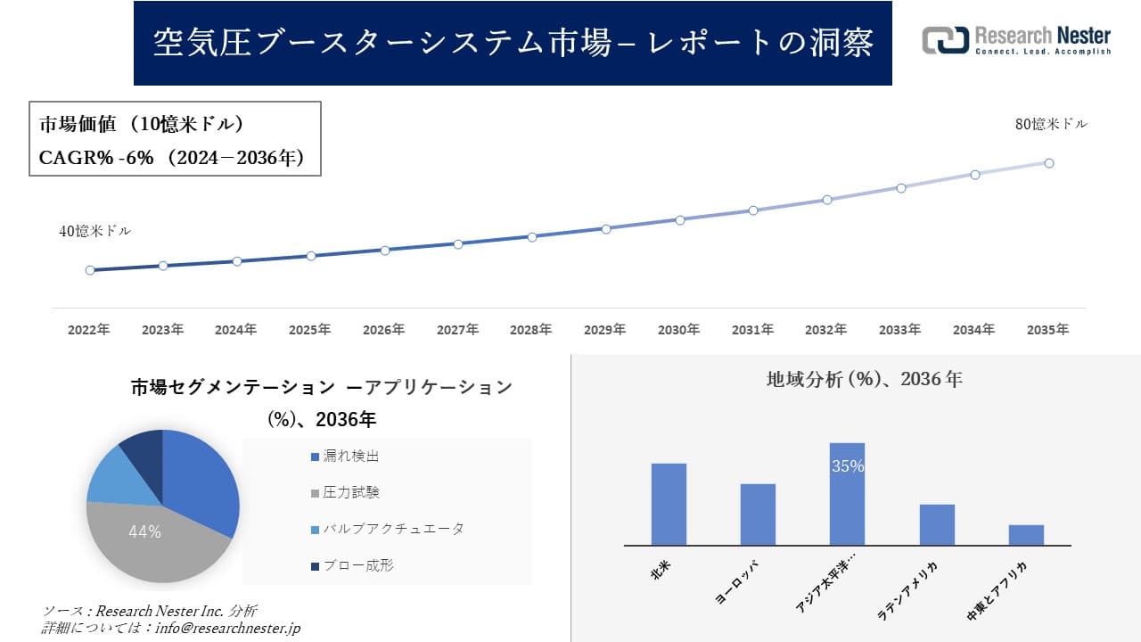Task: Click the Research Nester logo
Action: point(1016,40)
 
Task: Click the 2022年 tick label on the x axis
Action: point(89,330)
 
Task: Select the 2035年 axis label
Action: point(1047,330)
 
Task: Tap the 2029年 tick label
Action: point(604,330)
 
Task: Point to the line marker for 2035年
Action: point(1049,163)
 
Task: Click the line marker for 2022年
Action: point(90,270)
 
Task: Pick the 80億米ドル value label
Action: point(1051,125)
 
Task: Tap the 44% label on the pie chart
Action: point(144,532)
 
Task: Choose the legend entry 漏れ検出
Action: point(350,457)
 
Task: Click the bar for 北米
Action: point(669,504)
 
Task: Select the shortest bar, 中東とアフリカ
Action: point(1026,535)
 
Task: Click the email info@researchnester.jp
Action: point(226,628)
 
